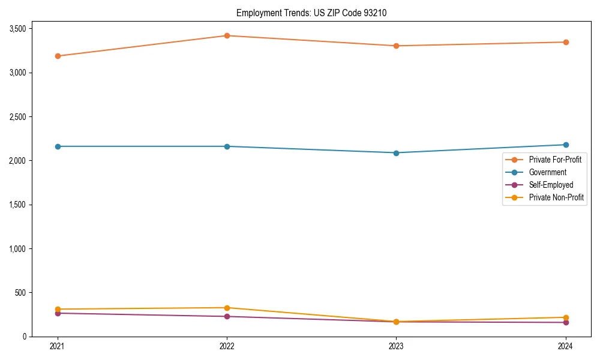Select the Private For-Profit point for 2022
(x=227, y=35)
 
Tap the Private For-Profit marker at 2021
(x=58, y=56)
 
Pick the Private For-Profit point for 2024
(x=565, y=42)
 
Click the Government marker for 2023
(x=396, y=153)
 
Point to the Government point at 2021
(x=58, y=146)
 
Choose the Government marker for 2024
(x=565, y=145)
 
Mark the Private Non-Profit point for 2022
(x=227, y=308)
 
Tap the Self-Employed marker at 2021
(x=58, y=313)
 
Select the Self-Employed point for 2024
(x=565, y=323)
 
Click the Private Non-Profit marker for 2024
(x=565, y=317)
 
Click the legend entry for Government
(x=547, y=172)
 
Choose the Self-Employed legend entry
(x=551, y=185)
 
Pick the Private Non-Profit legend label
(x=556, y=197)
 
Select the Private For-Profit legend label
(x=555, y=160)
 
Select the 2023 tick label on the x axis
(x=396, y=346)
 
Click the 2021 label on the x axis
(x=58, y=346)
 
